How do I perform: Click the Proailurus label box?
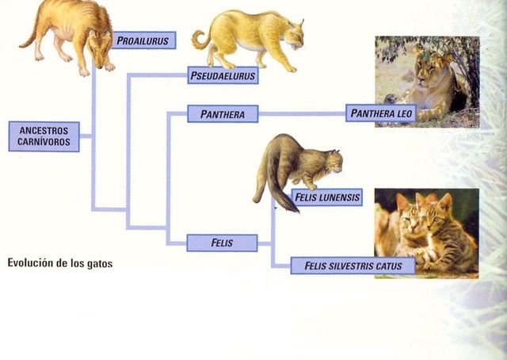(x=143, y=40)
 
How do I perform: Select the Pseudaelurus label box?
(x=223, y=76)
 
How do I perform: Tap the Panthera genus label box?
(x=223, y=114)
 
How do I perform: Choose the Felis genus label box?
(x=222, y=243)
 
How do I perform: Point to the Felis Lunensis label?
(x=326, y=197)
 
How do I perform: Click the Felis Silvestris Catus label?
(x=353, y=266)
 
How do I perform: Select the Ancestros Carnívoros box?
(x=44, y=136)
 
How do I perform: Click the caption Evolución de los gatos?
(x=60, y=262)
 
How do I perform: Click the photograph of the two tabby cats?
(x=426, y=233)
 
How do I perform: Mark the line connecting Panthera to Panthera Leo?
(x=301, y=114)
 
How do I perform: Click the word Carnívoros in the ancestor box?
(x=44, y=143)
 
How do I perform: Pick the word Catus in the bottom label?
(x=390, y=266)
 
